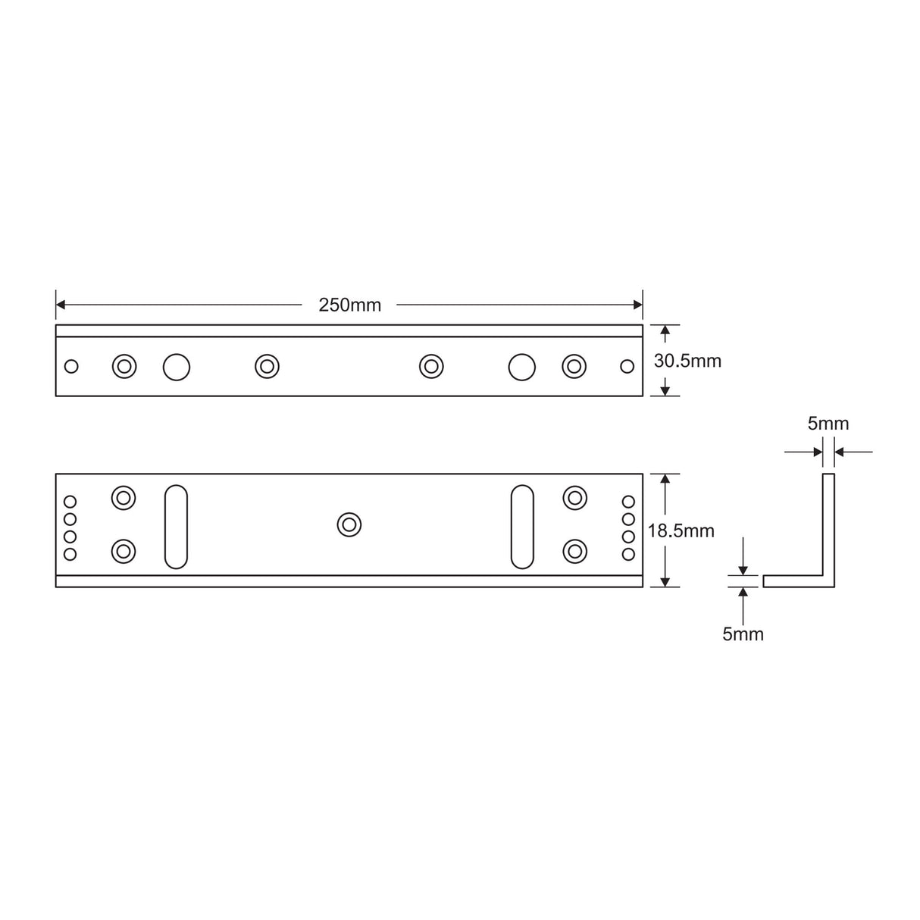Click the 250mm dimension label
click(x=349, y=305)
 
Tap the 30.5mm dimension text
click(x=687, y=361)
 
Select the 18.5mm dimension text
click(x=681, y=531)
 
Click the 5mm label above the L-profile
click(x=828, y=424)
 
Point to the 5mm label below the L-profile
click(x=743, y=634)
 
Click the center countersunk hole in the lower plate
click(x=349, y=524)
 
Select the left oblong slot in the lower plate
click(x=176, y=527)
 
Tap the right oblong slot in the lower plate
click(x=522, y=527)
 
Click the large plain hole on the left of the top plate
click(x=177, y=368)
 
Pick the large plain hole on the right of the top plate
click(x=521, y=368)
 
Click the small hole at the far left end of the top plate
click(x=71, y=367)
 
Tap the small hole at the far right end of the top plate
click(x=627, y=367)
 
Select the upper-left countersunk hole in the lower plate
click(x=124, y=499)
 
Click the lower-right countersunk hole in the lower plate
click(x=575, y=551)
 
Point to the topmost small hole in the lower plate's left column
click(x=70, y=502)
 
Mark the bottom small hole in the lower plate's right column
click(x=628, y=554)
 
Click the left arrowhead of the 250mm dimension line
click(x=61, y=305)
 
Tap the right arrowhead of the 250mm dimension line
click(x=638, y=305)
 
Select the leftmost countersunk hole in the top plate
click(x=124, y=367)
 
